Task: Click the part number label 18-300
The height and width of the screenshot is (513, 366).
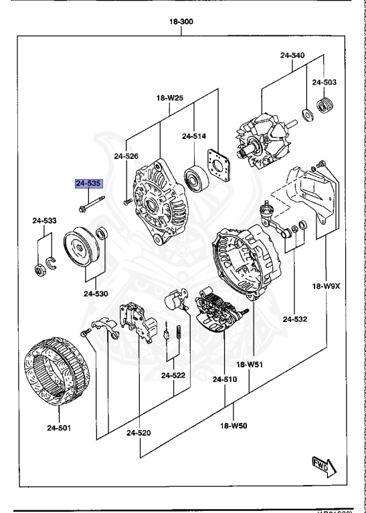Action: click(x=182, y=22)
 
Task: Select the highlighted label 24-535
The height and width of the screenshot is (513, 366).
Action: click(x=88, y=183)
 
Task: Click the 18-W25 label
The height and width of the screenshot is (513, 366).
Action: click(x=170, y=98)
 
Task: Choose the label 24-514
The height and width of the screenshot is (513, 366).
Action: click(x=193, y=136)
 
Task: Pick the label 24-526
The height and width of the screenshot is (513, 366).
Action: click(x=126, y=156)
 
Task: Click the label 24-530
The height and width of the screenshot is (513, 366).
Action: click(x=96, y=293)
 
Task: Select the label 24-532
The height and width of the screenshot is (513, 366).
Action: click(x=294, y=320)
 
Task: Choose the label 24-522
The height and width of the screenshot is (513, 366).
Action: click(x=173, y=375)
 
